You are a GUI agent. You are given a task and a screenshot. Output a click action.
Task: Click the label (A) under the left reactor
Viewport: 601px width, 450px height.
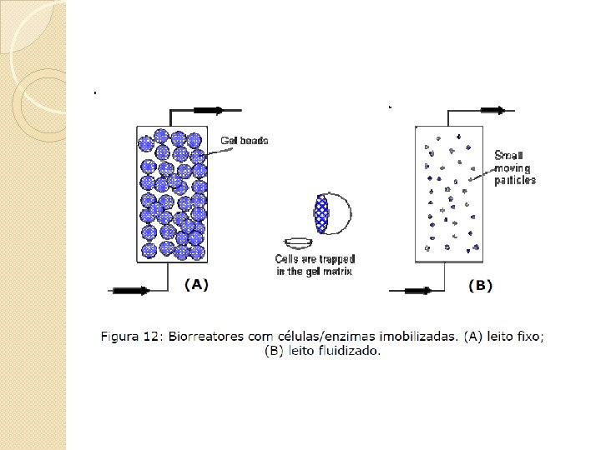coord(196,285)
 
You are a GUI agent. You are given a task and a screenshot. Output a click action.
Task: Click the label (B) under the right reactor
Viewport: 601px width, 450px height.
coord(480,286)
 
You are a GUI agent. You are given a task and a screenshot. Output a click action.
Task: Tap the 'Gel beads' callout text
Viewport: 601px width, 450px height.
coord(245,141)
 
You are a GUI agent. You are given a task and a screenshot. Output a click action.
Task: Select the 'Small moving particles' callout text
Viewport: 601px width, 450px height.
coord(515,167)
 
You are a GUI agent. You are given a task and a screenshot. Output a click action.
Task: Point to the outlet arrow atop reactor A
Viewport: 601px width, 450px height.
coord(208,110)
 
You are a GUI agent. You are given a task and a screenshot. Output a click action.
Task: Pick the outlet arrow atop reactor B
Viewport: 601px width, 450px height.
coord(492,110)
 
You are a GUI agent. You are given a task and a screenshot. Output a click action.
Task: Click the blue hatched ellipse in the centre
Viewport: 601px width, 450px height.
coord(323,212)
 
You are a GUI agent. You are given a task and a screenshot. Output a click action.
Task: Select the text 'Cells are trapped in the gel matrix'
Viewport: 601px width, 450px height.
coord(314,265)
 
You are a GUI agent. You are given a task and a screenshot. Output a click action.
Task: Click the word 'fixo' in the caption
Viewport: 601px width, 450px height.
coord(530,337)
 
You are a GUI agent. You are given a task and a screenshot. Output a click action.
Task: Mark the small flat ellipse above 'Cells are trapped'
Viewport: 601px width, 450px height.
coord(298,242)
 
